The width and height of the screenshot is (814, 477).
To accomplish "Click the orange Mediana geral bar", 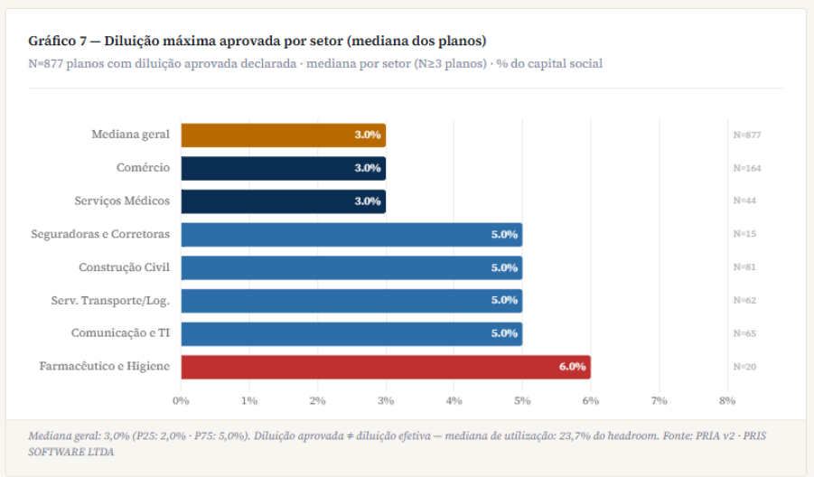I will pos(283,135).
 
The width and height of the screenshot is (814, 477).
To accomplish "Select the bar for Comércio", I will pos(283,168).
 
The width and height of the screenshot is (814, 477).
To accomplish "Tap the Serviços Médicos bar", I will pos(283,201).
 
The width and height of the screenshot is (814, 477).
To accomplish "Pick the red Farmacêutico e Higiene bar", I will pos(385,367).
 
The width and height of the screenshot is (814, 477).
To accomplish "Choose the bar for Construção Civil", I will pos(351,267).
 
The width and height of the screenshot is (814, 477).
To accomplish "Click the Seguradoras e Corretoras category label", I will pos(99,234).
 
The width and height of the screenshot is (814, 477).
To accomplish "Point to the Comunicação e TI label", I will pos(120,333).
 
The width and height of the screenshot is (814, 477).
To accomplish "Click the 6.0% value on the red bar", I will pos(572,367).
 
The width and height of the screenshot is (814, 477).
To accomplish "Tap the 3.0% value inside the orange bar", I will pos(367,135).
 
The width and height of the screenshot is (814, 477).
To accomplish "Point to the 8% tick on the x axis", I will pos(726,399).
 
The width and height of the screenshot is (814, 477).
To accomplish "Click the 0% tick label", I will pos(181,399).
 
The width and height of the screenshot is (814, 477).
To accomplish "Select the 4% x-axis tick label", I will pos(454,399).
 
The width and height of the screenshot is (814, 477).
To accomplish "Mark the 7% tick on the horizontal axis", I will pos(659,399).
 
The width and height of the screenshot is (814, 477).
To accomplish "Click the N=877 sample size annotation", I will pos(746,135).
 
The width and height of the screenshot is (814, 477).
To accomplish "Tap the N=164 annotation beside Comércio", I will pos(746,168).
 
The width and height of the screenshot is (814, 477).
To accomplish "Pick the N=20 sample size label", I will pos(744,367).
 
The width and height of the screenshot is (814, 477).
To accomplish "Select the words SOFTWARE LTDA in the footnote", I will pos(71,452).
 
